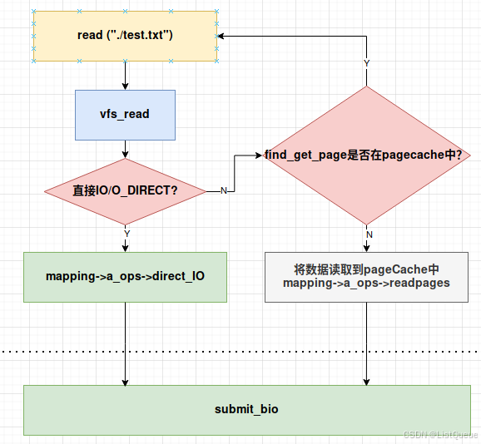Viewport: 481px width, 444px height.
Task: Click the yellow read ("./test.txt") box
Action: click(x=125, y=36)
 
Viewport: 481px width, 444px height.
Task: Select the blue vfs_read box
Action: click(x=125, y=114)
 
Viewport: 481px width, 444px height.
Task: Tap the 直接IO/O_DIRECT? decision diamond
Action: click(x=125, y=190)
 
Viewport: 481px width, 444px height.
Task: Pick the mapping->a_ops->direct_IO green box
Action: click(x=125, y=276)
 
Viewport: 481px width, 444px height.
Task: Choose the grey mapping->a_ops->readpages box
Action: click(x=366, y=276)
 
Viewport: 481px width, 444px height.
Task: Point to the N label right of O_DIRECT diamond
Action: click(x=223, y=191)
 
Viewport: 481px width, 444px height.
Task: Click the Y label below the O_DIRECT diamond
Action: click(x=126, y=234)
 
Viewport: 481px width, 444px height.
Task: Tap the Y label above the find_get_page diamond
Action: click(x=366, y=63)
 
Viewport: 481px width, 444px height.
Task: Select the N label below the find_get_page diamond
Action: click(x=368, y=234)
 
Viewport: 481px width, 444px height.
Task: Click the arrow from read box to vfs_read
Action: click(x=125, y=76)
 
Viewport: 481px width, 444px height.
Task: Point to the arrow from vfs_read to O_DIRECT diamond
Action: click(x=125, y=149)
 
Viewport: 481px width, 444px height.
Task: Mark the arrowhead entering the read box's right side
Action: click(x=222, y=36)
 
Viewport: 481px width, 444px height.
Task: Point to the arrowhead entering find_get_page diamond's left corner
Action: click(x=259, y=155)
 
